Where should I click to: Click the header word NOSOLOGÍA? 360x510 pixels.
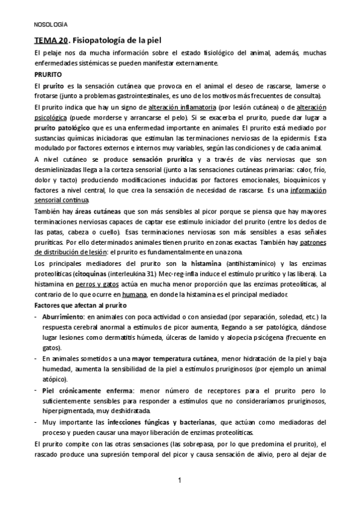tap(50, 25)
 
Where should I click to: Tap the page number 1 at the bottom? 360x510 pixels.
tap(180, 480)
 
